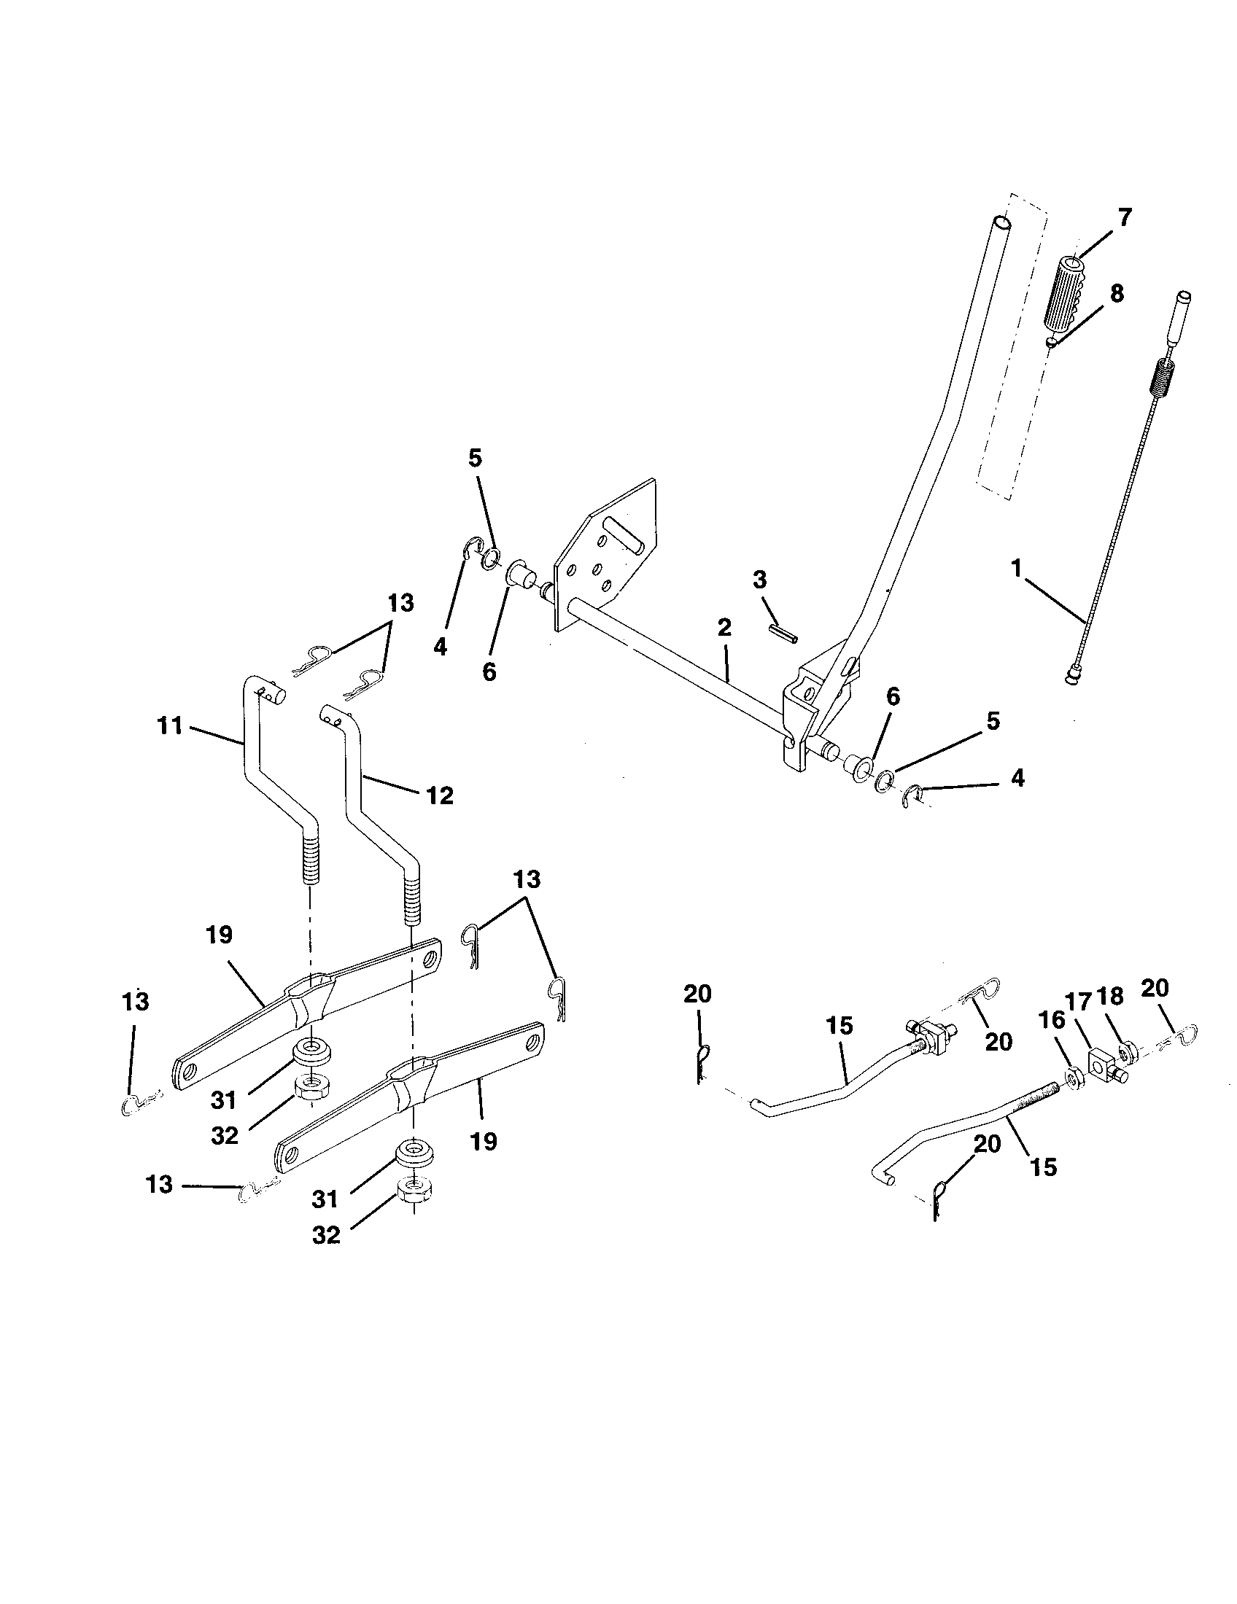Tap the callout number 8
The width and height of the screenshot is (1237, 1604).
pos(1116,293)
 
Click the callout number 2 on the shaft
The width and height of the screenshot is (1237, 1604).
pos(724,627)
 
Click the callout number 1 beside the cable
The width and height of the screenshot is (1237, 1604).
pos(1017,568)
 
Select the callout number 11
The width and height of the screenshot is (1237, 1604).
pos(169,726)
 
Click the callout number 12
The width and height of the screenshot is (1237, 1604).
pos(440,795)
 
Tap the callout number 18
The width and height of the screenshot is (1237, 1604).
pos(1109,996)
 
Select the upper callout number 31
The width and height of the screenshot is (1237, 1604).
pos(223,1099)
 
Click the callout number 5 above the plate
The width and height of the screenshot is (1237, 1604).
pos(476,459)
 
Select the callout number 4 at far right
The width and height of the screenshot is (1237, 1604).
pos(1017,778)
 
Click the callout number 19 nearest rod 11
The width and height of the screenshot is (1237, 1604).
pos(219,935)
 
